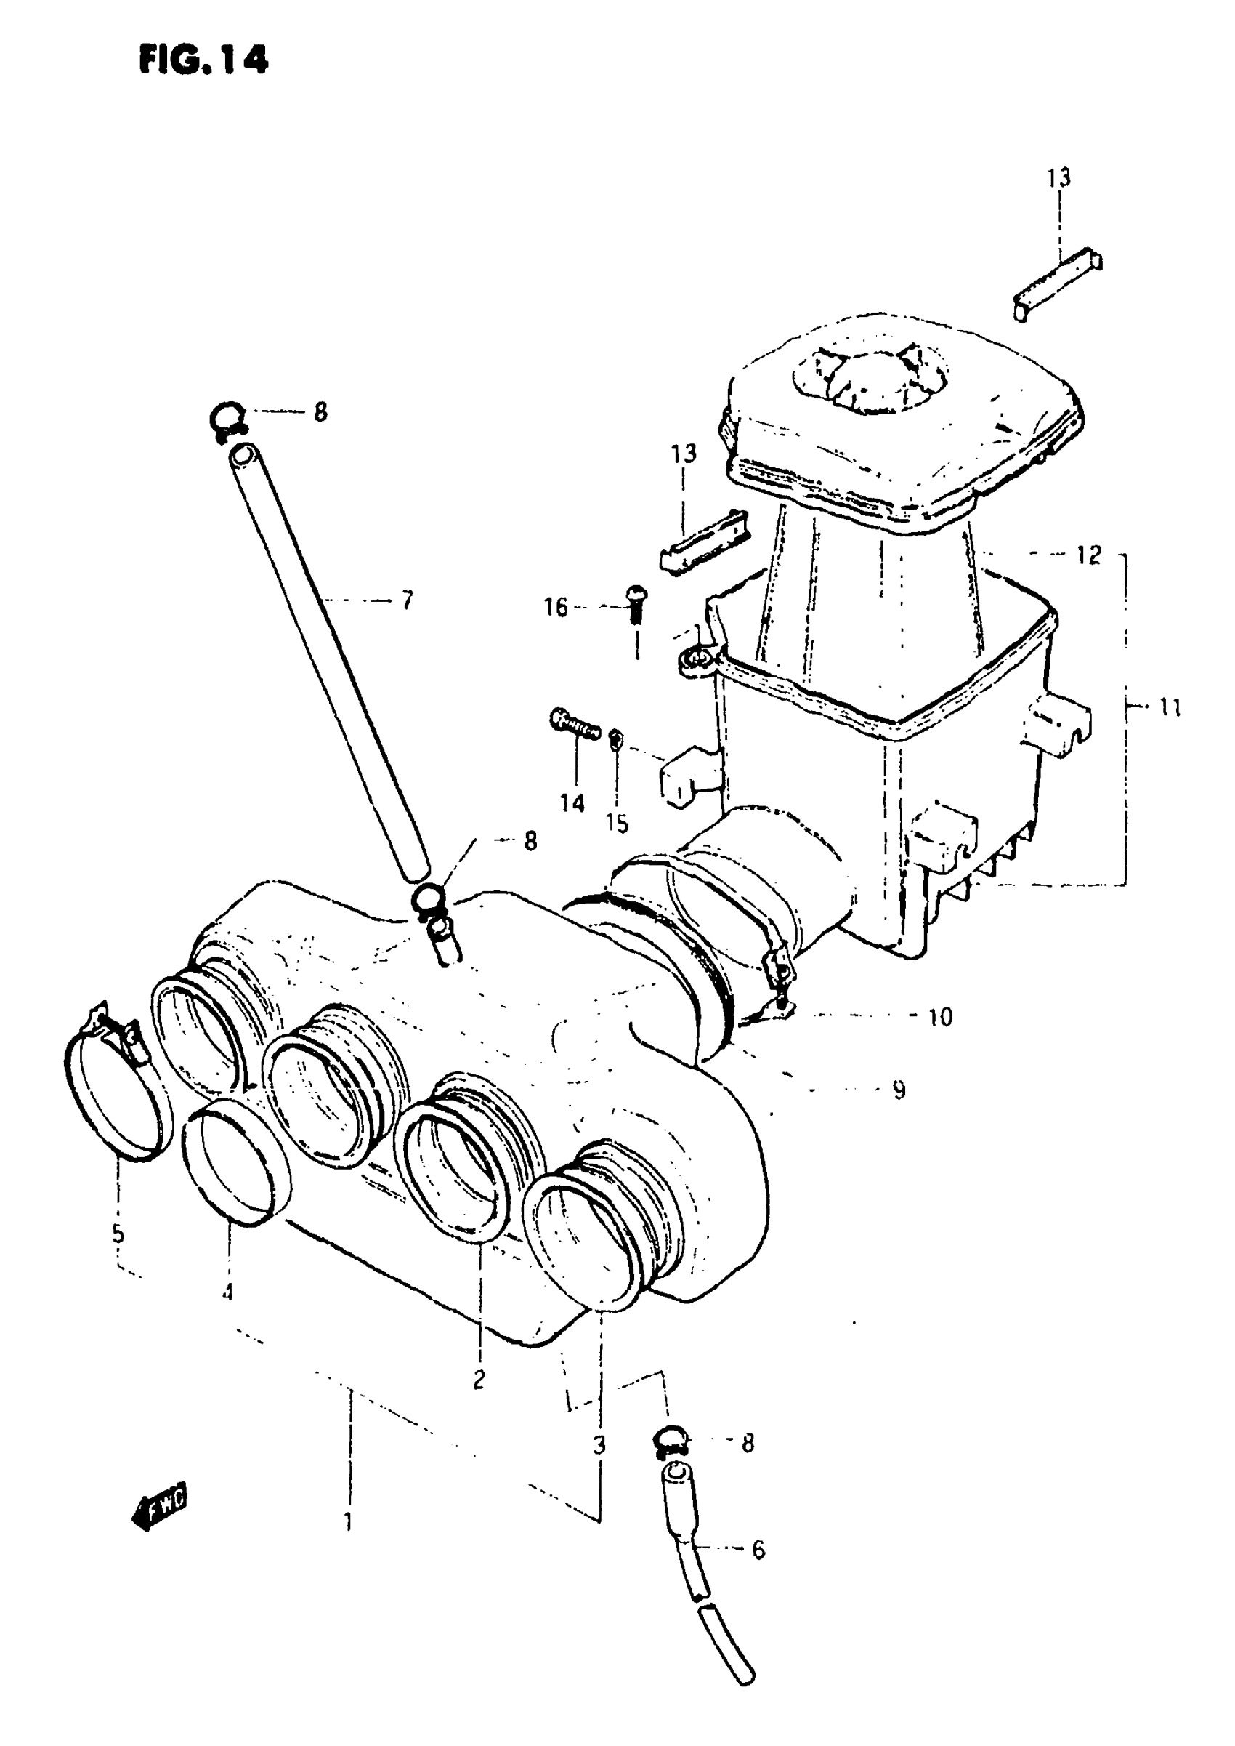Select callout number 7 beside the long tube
[407, 600]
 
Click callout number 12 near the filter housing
[1088, 555]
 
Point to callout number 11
[1169, 708]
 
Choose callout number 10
[940, 1017]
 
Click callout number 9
[899, 1090]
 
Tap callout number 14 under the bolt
[572, 802]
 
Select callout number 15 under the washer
[617, 822]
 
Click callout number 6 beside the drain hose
[758, 1550]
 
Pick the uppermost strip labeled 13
[1058, 282]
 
